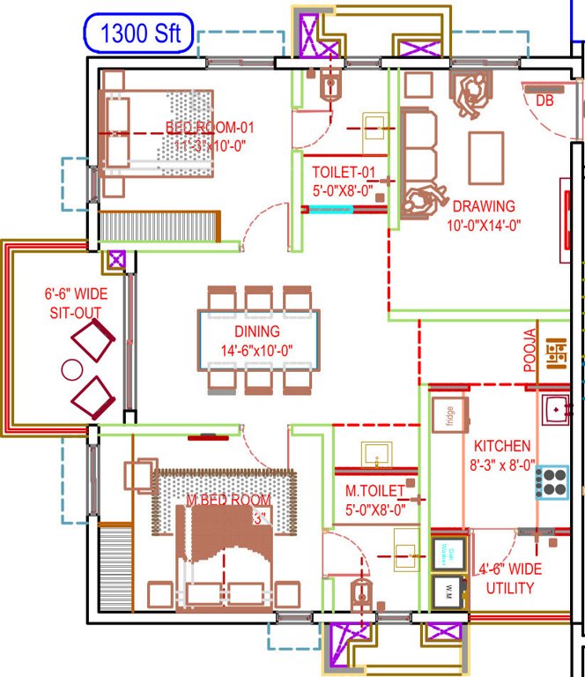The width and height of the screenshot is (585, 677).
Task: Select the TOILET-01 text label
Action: click(343, 172)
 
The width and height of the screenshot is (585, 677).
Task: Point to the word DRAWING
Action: click(484, 207)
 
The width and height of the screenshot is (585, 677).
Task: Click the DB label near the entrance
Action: click(544, 101)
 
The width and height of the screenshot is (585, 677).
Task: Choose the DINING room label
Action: click(256, 332)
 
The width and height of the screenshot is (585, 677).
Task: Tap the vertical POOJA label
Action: click(529, 351)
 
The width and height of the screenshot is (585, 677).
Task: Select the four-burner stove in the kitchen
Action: click(552, 480)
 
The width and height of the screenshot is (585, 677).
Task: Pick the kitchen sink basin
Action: click(556, 409)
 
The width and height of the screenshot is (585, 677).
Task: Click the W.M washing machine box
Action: click(448, 588)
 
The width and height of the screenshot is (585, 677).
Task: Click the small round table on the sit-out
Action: click(71, 368)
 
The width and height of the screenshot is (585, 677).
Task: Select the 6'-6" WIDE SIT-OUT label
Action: click(74, 303)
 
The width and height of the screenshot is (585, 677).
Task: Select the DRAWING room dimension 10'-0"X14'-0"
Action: click(484, 224)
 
